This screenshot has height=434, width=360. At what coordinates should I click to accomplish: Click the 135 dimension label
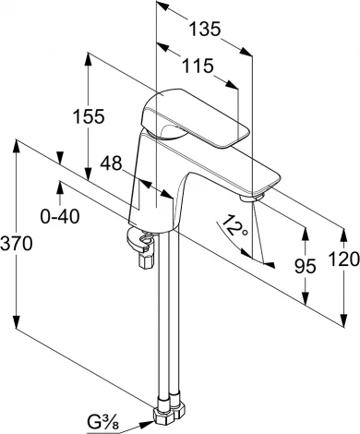coord(205,29)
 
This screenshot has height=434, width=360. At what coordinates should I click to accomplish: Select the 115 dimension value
coord(198,66)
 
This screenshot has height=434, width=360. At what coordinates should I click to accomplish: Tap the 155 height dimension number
coord(89,116)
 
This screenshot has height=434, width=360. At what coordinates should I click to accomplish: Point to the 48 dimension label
coord(111,163)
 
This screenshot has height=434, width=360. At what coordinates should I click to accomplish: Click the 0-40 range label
coord(60,216)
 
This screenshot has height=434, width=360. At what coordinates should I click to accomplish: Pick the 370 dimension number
coord(16,243)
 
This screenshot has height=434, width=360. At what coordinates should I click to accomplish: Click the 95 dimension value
coord(306,266)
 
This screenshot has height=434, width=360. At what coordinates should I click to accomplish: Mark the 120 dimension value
coord(344,259)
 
